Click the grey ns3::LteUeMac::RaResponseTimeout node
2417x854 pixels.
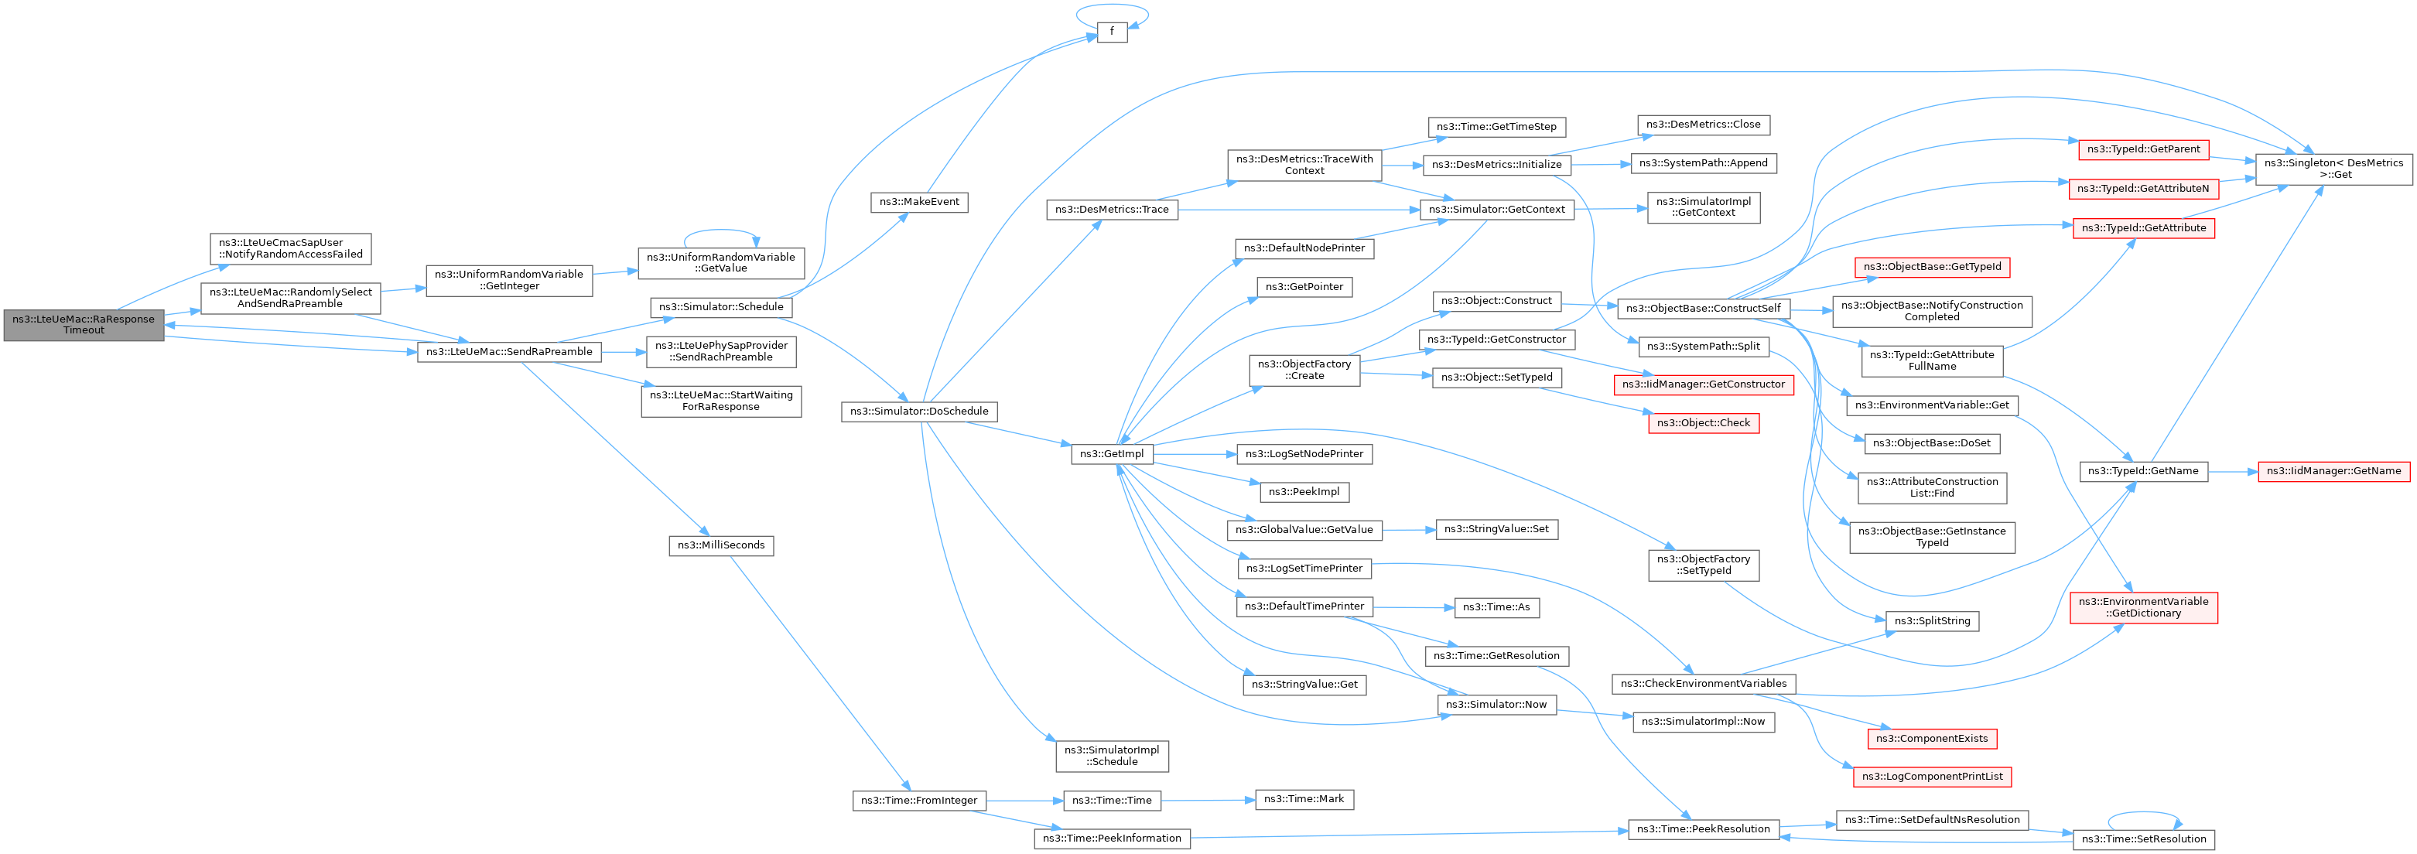pyautogui.click(x=84, y=325)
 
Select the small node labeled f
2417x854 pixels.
pyautogui.click(x=1112, y=32)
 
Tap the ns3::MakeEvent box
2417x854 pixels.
pyautogui.click(x=918, y=202)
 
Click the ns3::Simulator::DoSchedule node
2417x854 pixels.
pyautogui.click(x=918, y=411)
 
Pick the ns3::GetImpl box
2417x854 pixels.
pyautogui.click(x=1111, y=454)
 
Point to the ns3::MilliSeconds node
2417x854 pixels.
pyautogui.click(x=720, y=545)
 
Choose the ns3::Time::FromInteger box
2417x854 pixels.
pyautogui.click(x=918, y=801)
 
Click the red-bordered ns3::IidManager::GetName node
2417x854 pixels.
pyautogui.click(x=2333, y=471)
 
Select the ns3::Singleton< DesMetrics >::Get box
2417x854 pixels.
pyautogui.click(x=2333, y=169)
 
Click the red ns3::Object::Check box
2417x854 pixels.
pyautogui.click(x=1703, y=423)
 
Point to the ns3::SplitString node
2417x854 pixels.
pyautogui.click(x=1932, y=621)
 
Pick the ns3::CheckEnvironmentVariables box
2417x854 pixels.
pyautogui.click(x=1703, y=684)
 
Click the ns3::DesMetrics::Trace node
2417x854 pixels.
pyautogui.click(x=1111, y=210)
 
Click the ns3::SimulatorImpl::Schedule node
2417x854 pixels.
pyautogui.click(x=1111, y=756)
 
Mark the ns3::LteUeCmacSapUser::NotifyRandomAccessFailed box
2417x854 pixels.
pyautogui.click(x=290, y=248)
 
